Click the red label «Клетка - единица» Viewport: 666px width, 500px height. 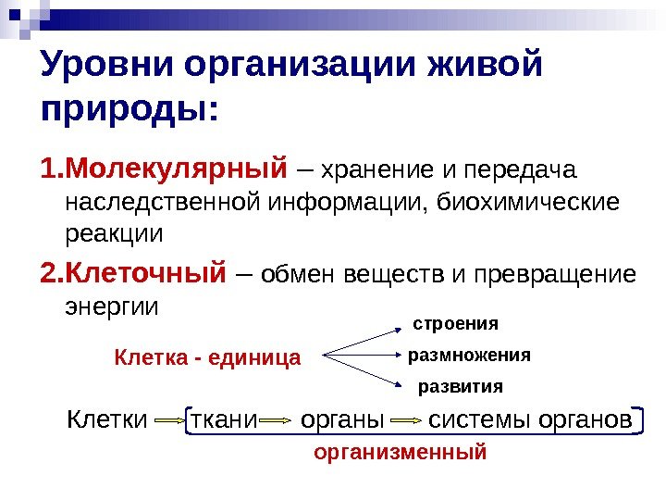[207, 357]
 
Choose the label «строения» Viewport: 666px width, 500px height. [454, 324]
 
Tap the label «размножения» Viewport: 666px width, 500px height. [469, 355]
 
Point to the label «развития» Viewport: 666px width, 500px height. [461, 386]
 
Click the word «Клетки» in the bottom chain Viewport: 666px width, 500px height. [107, 421]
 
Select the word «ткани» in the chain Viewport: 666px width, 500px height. [222, 421]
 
